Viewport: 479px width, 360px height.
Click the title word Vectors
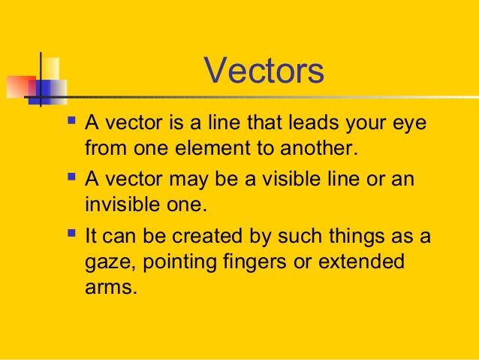click(x=264, y=71)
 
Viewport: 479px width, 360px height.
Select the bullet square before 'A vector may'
click(x=71, y=177)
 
